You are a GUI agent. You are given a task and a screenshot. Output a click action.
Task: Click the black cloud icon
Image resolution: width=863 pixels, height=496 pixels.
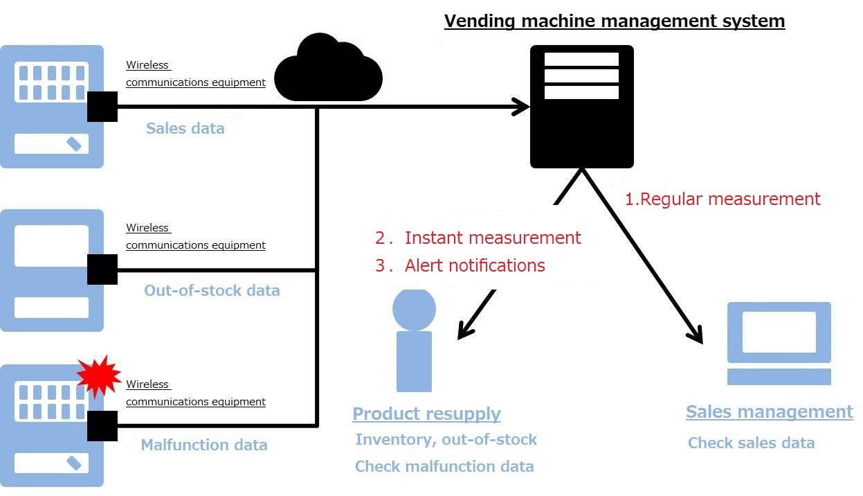[x=329, y=69]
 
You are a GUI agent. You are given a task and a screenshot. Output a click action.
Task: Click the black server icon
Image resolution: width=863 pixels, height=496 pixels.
[x=581, y=107]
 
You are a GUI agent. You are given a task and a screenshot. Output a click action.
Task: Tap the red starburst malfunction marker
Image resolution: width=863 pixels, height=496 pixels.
[x=98, y=377]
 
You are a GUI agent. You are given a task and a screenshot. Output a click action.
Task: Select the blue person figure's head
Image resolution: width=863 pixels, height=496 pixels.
[x=414, y=309]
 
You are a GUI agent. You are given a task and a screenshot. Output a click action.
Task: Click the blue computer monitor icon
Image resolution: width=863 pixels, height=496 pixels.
[x=779, y=333]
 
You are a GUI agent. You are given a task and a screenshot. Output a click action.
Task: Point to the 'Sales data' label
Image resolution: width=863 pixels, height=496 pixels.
[x=185, y=128]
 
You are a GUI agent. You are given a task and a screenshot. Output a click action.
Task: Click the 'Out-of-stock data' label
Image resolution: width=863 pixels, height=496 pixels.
[x=212, y=290]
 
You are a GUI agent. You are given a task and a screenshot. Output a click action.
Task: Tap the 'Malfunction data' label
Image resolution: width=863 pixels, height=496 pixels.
[x=204, y=445]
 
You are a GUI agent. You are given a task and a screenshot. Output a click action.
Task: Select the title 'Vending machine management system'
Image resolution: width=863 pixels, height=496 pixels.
[x=615, y=21]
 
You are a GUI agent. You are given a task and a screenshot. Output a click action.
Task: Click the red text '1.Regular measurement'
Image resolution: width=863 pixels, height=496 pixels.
[x=723, y=200]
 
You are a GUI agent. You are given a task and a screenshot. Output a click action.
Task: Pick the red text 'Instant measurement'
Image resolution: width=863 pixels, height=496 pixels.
[x=492, y=238]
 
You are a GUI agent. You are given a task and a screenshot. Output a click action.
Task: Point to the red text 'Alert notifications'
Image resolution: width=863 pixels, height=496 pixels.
[x=475, y=265]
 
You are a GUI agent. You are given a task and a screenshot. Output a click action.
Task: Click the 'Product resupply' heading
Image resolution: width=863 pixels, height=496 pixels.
[x=426, y=414]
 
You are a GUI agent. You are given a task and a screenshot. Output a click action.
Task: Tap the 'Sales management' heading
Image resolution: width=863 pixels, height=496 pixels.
[x=769, y=412]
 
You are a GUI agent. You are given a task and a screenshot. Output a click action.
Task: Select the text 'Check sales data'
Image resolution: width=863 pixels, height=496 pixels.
[x=751, y=443]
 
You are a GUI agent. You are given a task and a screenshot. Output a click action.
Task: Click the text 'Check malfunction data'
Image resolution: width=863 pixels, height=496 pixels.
[x=444, y=466]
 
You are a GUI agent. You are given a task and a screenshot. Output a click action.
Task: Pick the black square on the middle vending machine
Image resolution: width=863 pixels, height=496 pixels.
[x=102, y=269]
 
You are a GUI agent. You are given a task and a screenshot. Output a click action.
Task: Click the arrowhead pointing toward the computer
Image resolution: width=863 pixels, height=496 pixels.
[x=696, y=335]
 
